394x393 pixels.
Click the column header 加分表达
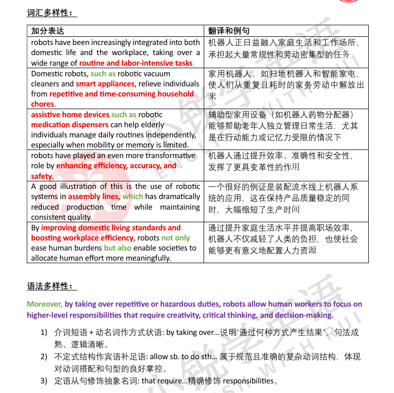pyautogui.click(x=47, y=31)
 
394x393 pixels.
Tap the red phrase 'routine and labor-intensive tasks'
pyautogui.click(x=135, y=63)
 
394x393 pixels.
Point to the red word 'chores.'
pyautogui.click(x=42, y=104)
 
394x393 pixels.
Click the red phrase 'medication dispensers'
pyautogui.click(x=70, y=125)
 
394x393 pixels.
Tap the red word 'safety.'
pyautogui.click(x=42, y=176)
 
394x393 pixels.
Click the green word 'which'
pyautogui.click(x=133, y=197)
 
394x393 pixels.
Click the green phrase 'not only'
pyautogui.click(x=176, y=238)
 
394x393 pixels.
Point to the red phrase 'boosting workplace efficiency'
pyautogui.click(x=82, y=238)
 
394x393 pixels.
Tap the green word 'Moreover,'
pyautogui.click(x=44, y=304)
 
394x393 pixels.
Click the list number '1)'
pyautogui.click(x=44, y=332)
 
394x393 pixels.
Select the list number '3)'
pyautogui.click(x=44, y=381)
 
